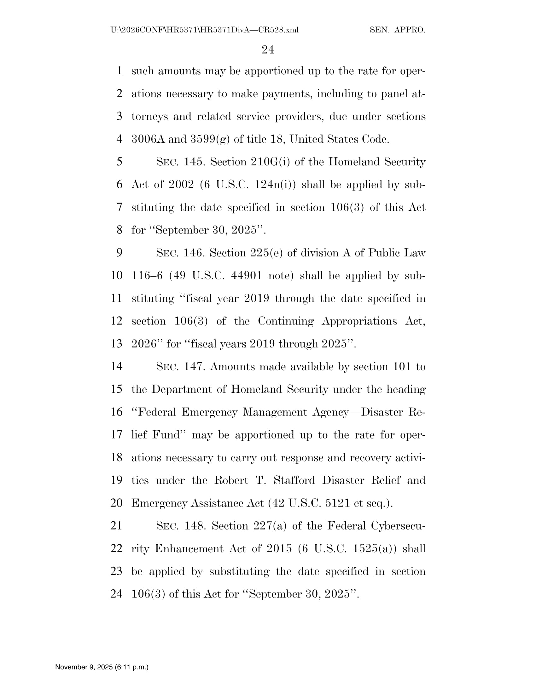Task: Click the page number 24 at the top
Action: (x=268, y=50)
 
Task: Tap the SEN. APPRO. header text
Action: (x=397, y=30)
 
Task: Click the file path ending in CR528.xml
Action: (x=205, y=30)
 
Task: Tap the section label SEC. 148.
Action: (x=181, y=526)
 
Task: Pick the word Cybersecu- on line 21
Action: (x=398, y=526)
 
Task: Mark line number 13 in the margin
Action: (x=117, y=344)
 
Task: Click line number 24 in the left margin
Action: (x=117, y=594)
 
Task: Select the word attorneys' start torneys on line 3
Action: (x=149, y=117)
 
